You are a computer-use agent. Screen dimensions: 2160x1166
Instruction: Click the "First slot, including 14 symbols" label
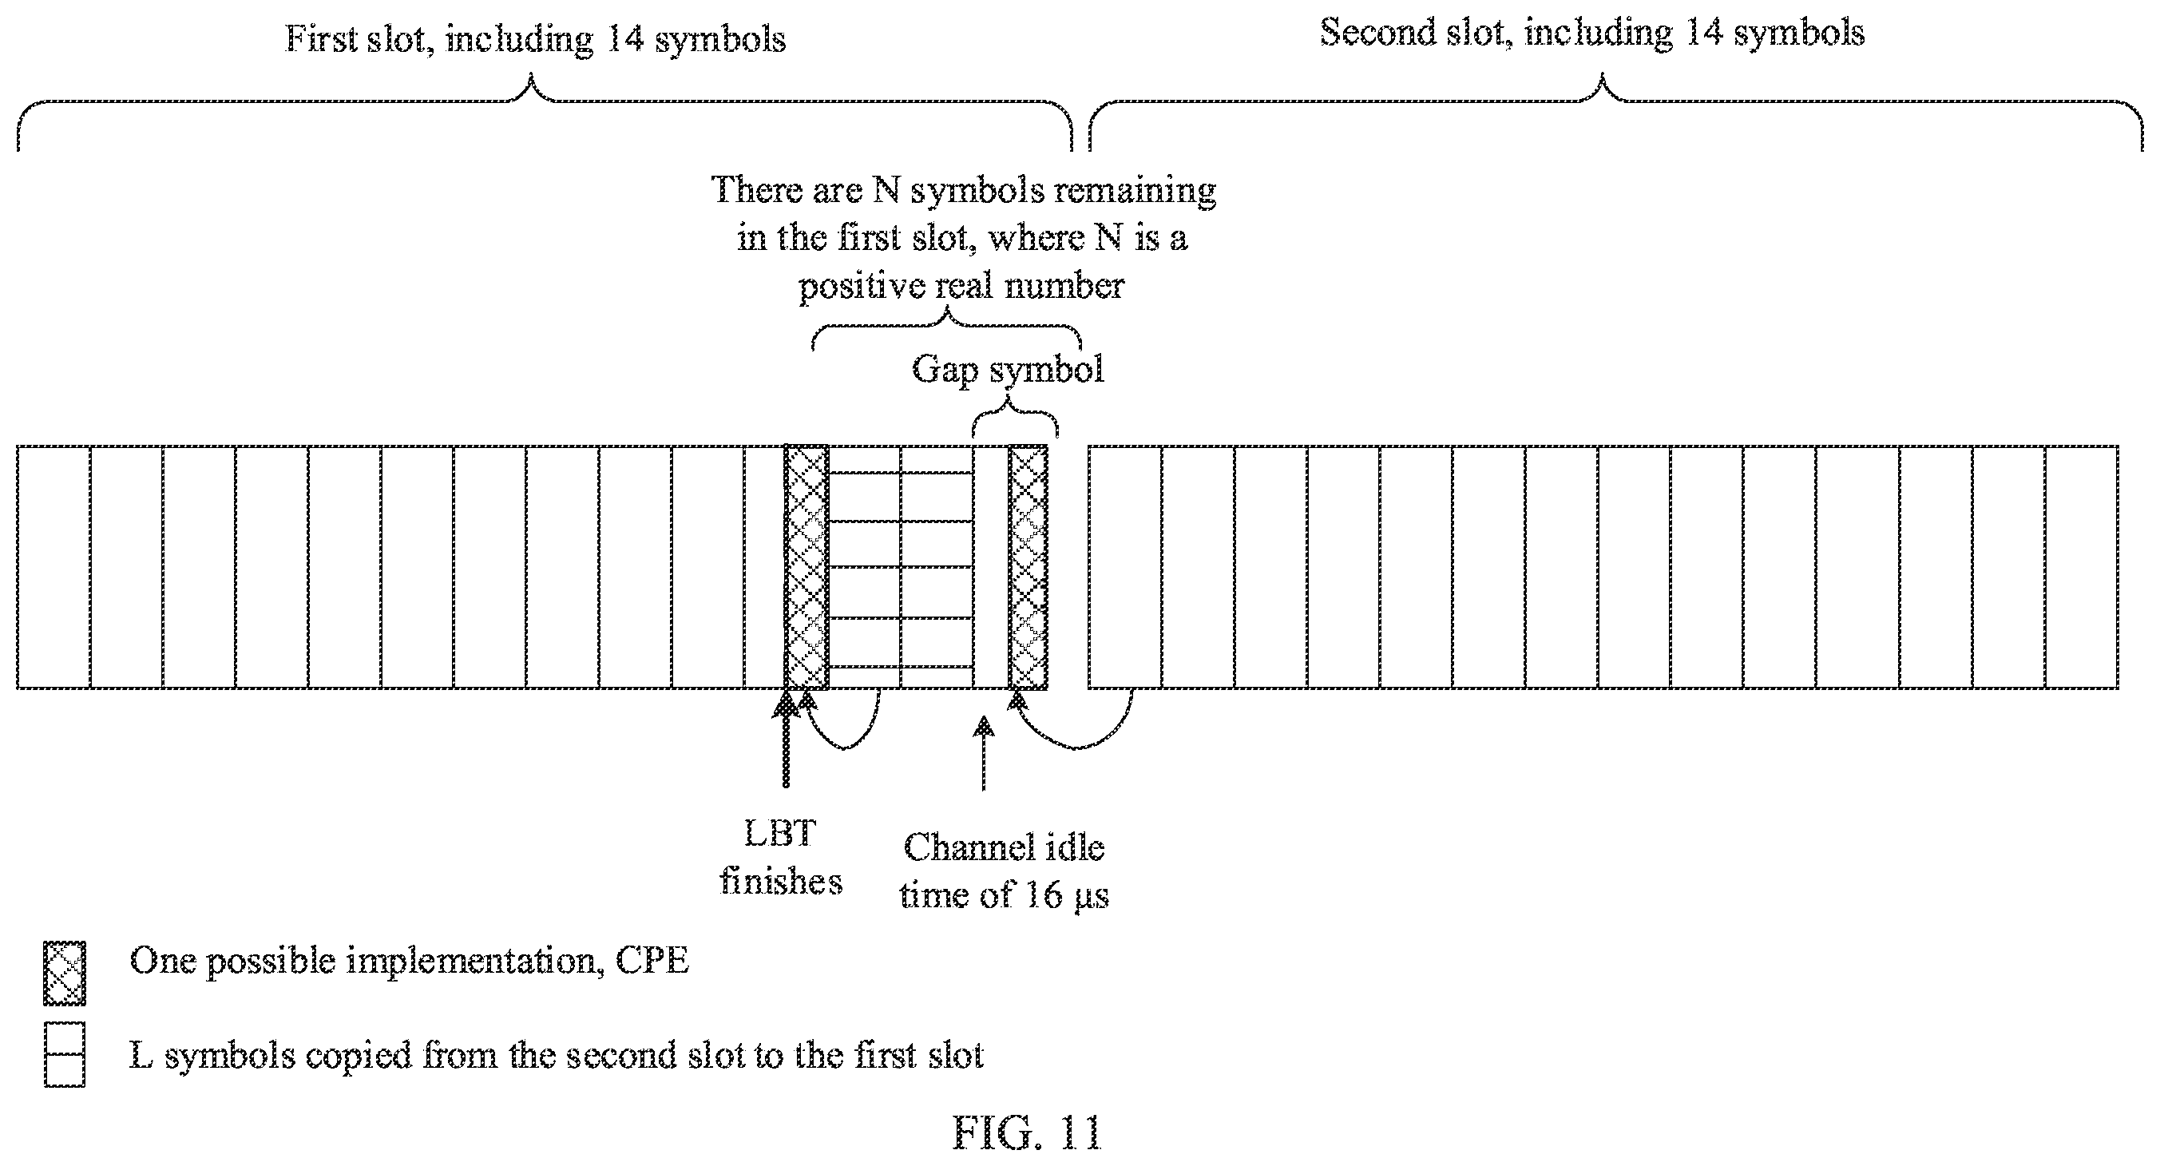pyautogui.click(x=536, y=39)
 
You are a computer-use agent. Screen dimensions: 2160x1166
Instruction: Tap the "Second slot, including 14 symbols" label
pyautogui.click(x=1592, y=34)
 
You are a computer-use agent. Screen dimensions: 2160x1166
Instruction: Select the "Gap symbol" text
pyautogui.click(x=1008, y=369)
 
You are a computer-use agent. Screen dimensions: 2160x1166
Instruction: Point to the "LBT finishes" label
pyautogui.click(x=781, y=857)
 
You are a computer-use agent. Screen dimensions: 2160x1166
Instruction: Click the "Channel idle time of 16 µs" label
pyautogui.click(x=1005, y=871)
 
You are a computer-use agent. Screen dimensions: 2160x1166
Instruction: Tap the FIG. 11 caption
pyautogui.click(x=1026, y=1133)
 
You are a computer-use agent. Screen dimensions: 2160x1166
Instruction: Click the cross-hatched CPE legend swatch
pyautogui.click(x=65, y=973)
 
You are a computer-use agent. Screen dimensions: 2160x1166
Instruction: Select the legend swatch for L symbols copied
pyautogui.click(x=65, y=1054)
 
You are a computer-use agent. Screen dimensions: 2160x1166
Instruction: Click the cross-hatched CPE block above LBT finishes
pyautogui.click(x=807, y=567)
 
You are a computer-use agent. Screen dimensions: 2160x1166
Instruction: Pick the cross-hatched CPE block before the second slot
pyautogui.click(x=1028, y=567)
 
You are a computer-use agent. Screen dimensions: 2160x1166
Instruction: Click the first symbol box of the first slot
pyautogui.click(x=54, y=567)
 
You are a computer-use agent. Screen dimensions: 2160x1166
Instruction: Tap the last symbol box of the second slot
pyautogui.click(x=2082, y=567)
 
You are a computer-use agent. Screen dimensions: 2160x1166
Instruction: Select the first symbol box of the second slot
pyautogui.click(x=1125, y=567)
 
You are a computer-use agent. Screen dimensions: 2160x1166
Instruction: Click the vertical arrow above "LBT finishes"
pyautogui.click(x=786, y=739)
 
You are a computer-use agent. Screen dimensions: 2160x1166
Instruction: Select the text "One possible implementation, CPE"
pyautogui.click(x=409, y=962)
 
